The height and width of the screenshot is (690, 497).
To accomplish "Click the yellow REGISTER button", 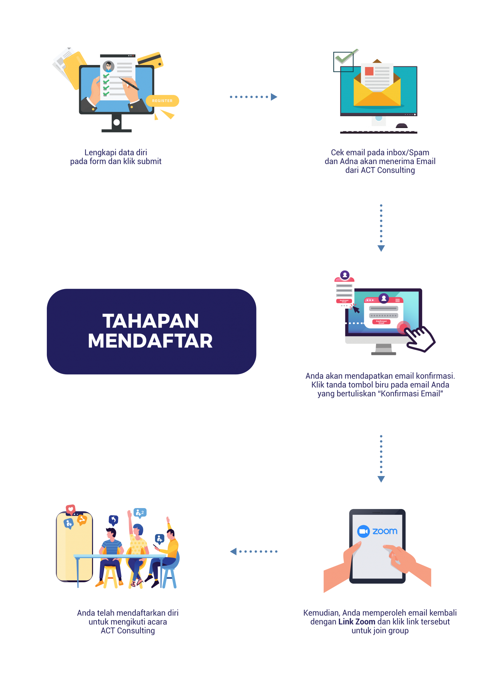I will pyautogui.click(x=162, y=101).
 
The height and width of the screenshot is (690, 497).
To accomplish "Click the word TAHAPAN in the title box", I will pyautogui.click(x=151, y=321).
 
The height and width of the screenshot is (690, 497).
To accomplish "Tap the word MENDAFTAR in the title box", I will pyautogui.click(x=150, y=341).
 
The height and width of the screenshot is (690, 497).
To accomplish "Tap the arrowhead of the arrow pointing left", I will pyautogui.click(x=233, y=552).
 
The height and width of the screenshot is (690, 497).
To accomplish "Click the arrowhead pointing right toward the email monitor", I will pyautogui.click(x=274, y=97).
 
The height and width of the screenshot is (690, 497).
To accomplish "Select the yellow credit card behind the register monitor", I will pyautogui.click(x=150, y=60).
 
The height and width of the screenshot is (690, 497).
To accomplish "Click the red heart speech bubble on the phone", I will pyautogui.click(x=70, y=509).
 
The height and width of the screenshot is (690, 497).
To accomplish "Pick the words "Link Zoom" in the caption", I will pyautogui.click(x=356, y=622).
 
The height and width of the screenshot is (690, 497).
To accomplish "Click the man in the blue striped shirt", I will pyautogui.click(x=111, y=546).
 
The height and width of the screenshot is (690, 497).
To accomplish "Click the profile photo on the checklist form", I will pyautogui.click(x=108, y=66).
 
